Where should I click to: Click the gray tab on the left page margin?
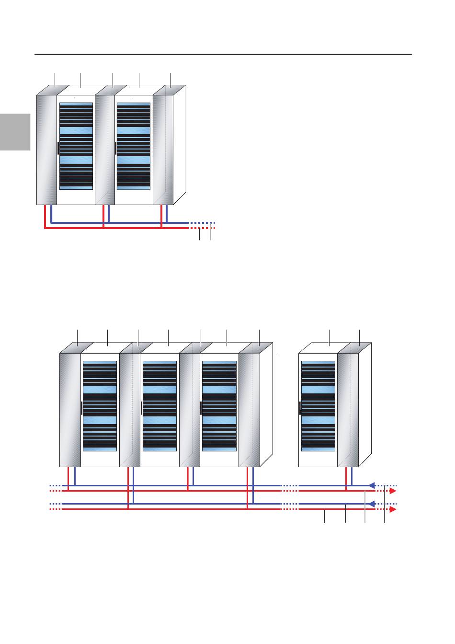point(15,132)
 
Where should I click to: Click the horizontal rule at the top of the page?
point(223,54)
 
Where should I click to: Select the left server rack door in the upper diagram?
point(76,146)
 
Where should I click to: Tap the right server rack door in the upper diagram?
point(134,146)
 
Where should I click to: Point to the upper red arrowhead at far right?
point(392,491)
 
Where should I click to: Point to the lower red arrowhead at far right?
point(392,510)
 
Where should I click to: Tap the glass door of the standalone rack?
point(318,406)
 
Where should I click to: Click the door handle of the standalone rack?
point(299,408)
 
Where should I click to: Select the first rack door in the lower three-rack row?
point(100,406)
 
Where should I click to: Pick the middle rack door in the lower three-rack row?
point(159,406)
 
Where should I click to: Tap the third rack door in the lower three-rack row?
point(219,406)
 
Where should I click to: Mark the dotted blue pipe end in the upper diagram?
point(204,223)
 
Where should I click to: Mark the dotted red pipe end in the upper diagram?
point(204,228)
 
